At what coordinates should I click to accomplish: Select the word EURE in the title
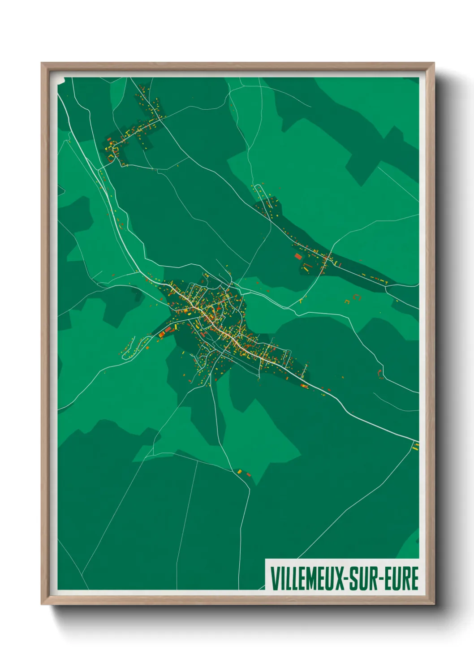[402, 578]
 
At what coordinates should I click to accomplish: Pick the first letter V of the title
[274, 578]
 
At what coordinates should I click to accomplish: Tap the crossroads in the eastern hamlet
[328, 258]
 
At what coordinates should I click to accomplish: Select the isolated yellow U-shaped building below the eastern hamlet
[347, 302]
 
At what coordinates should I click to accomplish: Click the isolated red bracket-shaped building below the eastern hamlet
[357, 297]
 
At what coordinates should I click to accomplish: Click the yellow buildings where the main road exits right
[416, 446]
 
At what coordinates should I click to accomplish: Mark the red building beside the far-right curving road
[381, 375]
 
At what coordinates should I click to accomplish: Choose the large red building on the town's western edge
[168, 330]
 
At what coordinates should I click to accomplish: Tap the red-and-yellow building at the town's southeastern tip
[305, 386]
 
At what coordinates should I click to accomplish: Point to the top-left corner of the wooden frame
[42, 63]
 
